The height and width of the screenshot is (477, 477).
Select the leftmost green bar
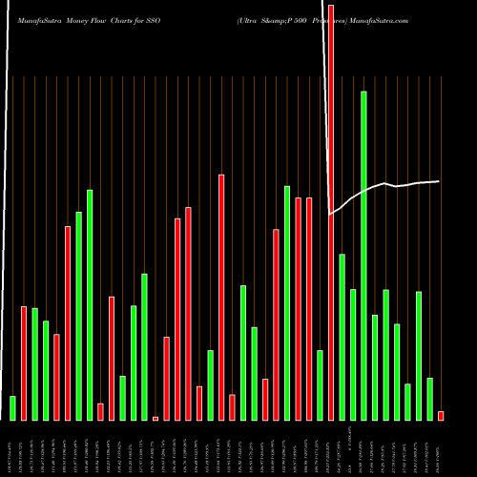[12, 408]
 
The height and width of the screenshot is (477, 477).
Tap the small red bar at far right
[441, 415]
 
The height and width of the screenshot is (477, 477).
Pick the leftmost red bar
[24, 363]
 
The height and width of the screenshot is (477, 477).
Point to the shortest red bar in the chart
[156, 418]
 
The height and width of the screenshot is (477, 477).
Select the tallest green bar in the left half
[90, 305]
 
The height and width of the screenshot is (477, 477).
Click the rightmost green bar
[429, 399]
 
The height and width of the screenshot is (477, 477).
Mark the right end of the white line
[439, 181]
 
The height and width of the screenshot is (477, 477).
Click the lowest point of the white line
[329, 215]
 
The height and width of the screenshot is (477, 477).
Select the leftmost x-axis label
[12, 448]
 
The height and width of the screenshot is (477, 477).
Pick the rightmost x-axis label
[441, 448]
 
